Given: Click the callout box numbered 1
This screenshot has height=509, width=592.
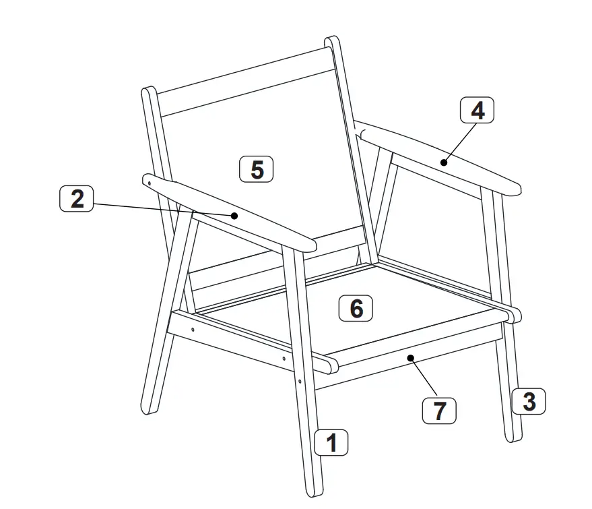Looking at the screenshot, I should pyautogui.click(x=331, y=443).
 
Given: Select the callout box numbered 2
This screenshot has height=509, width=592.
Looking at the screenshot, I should pyautogui.click(x=77, y=199).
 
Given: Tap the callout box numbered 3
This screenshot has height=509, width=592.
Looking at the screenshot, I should pyautogui.click(x=529, y=402).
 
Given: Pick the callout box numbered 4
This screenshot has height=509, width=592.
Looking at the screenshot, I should pyautogui.click(x=477, y=111).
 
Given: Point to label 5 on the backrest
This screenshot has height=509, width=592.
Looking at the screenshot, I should pyautogui.click(x=257, y=169).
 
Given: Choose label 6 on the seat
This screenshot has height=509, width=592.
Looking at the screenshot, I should pyautogui.click(x=356, y=308).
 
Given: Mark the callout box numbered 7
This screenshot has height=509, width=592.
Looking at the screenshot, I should pyautogui.click(x=439, y=411).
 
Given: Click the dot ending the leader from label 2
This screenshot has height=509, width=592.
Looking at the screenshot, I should pyautogui.click(x=234, y=216).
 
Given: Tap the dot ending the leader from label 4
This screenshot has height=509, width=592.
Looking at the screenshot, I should pyautogui.click(x=445, y=161).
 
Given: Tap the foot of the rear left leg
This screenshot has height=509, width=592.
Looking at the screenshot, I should pyautogui.click(x=150, y=409).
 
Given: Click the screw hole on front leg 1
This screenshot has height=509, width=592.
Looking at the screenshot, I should pyautogui.click(x=299, y=382).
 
